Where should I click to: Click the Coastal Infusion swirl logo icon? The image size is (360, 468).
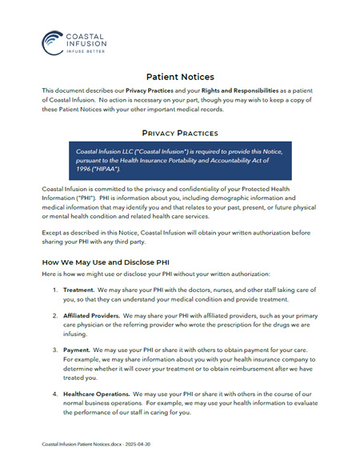54,42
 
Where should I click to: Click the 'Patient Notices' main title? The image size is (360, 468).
180,78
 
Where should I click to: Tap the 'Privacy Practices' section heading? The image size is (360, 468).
180,133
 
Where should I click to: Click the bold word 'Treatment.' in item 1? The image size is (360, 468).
79,290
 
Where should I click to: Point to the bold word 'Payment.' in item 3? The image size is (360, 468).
77,350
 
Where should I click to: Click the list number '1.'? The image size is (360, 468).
55,290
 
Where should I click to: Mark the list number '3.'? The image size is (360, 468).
55,350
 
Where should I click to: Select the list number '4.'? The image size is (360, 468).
55,394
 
